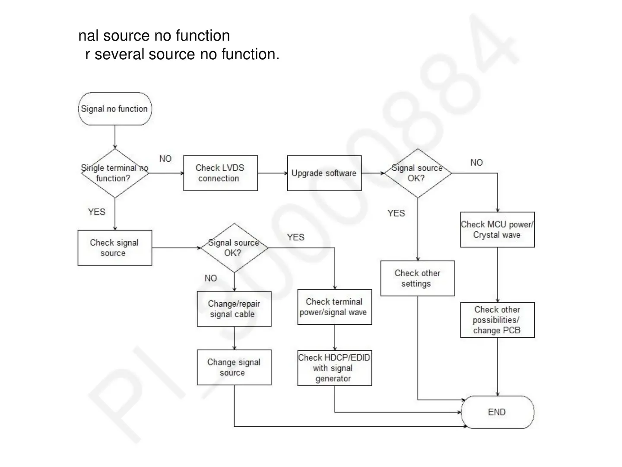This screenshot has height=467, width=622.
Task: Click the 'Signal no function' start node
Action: pos(114,109)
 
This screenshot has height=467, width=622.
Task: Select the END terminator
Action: pos(497,412)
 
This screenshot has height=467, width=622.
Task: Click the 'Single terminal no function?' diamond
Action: pos(114,173)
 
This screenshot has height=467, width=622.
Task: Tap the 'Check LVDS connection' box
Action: pos(220,173)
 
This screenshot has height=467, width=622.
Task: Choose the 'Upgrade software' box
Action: pos(324,173)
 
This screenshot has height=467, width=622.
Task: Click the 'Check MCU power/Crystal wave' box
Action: pos(497,230)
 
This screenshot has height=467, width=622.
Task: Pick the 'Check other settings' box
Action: pos(417,278)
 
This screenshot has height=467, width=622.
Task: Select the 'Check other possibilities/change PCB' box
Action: pos(497,320)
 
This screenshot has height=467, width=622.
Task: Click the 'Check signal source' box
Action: pos(114,248)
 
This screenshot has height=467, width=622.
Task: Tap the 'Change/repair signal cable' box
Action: pos(234,309)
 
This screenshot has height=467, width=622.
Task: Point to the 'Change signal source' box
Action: pos(234,368)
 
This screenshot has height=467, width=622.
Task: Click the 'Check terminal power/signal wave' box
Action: pos(334,307)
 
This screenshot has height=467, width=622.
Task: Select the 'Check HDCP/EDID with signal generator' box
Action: pos(334,368)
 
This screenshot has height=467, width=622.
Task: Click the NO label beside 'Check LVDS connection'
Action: pos(165,159)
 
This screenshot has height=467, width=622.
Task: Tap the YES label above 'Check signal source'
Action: pos(96,212)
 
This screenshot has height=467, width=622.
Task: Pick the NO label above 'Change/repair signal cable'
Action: pos(211,278)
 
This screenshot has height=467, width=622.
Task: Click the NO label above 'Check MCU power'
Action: pos(476,163)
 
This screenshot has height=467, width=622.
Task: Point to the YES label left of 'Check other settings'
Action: pos(396,213)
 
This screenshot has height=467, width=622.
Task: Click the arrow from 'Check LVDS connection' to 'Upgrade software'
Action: pos(272,173)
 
